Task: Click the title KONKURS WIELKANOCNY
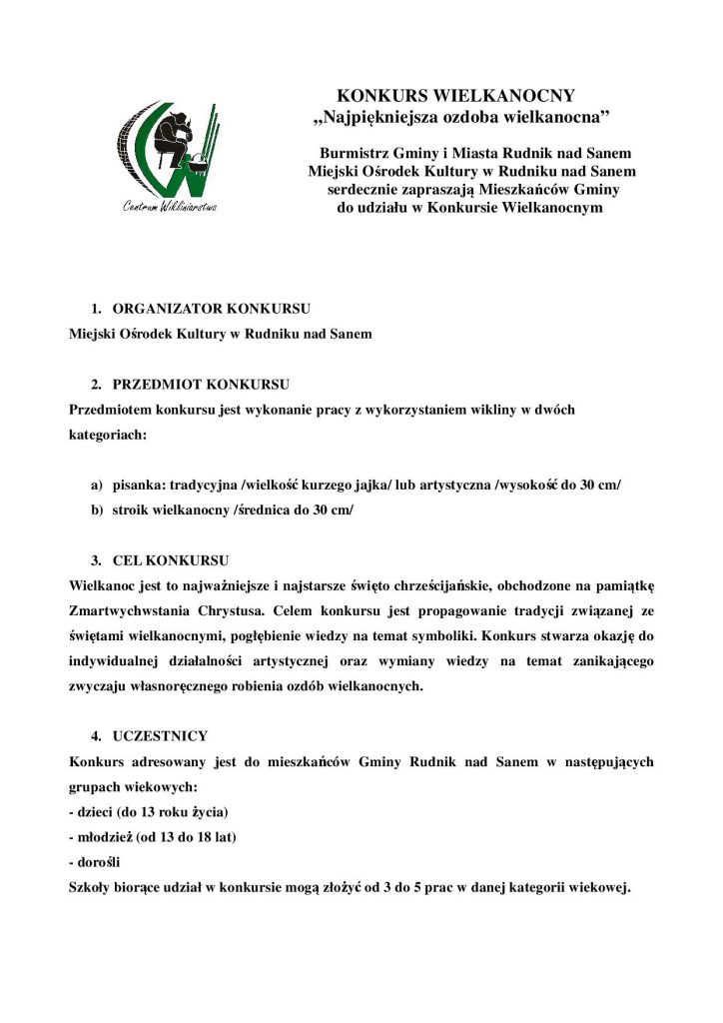tap(455, 96)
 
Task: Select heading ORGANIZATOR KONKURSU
tap(211, 308)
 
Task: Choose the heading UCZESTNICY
tap(160, 735)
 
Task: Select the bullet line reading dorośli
tap(97, 861)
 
